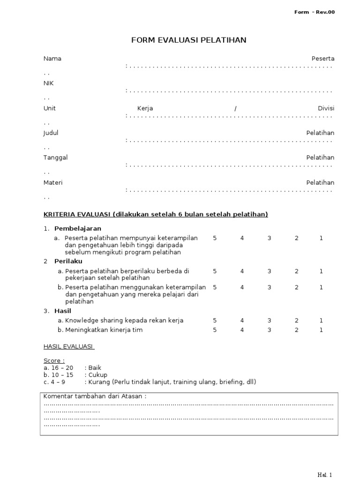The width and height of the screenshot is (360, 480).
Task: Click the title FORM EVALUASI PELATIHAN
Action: [188, 40]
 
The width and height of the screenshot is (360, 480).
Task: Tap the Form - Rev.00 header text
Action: [314, 12]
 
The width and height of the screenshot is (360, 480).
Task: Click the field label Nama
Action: [52, 59]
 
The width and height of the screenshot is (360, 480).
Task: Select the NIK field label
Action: [49, 83]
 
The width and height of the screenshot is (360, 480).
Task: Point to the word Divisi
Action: [326, 108]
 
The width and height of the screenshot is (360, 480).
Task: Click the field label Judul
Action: [51, 133]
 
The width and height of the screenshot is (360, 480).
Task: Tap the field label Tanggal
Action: [55, 157]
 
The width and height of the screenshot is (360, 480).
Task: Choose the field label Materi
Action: [53, 182]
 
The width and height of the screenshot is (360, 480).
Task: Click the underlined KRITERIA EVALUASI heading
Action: [156, 215]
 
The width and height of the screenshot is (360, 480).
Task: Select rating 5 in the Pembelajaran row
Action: [215, 238]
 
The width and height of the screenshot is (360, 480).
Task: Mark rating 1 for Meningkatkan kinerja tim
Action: [321, 330]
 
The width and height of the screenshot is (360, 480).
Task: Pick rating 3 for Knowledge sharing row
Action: [269, 321]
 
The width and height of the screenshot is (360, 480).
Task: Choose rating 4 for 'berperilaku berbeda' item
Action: [242, 271]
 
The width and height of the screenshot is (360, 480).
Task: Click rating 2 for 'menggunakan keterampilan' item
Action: [296, 287]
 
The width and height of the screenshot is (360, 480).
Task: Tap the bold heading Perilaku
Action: [68, 262]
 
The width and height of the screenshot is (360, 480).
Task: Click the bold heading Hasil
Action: [63, 311]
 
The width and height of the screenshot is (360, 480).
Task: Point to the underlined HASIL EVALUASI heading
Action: [69, 346]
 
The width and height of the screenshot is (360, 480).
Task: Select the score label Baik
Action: [94, 368]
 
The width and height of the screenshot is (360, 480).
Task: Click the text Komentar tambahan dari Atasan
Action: [95, 396]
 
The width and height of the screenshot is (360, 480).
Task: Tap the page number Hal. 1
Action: [324, 475]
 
